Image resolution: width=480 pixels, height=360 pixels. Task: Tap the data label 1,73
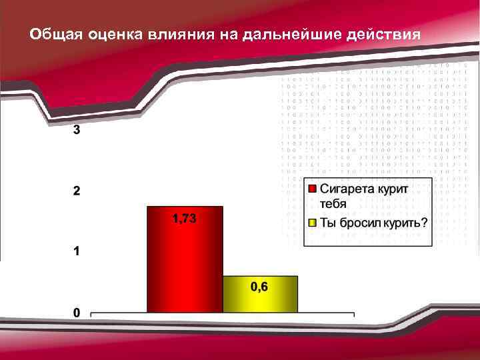[x=185, y=219]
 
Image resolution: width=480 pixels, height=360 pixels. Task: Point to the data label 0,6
[x=260, y=287]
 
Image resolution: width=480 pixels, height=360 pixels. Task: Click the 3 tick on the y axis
[x=77, y=131]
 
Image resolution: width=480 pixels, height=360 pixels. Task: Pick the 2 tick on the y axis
[x=77, y=191]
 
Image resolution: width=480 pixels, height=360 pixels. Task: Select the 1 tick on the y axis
[x=77, y=252]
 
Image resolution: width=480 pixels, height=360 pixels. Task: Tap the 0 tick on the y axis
[x=77, y=313]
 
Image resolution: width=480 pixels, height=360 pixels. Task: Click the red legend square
[x=312, y=188]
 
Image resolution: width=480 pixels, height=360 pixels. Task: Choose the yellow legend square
[x=312, y=222]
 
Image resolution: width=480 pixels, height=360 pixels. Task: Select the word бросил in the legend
[x=359, y=223]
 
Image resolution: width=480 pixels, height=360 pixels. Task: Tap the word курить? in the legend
[x=405, y=223]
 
